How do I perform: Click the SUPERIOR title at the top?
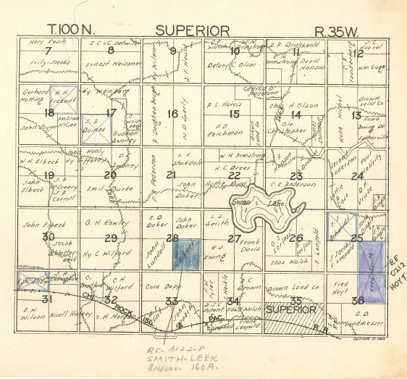pos(193,30)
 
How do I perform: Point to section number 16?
pos(172,113)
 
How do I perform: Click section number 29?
pos(110,238)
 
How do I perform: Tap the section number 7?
pos(48,51)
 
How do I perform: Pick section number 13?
pos(356,115)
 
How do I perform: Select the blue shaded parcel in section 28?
pos(186,256)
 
